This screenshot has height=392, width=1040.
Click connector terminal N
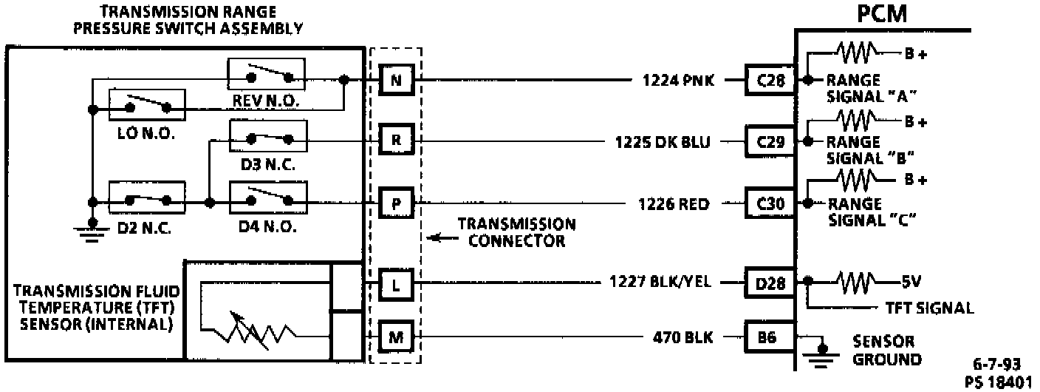point(396,79)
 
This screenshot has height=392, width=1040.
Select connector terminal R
point(396,140)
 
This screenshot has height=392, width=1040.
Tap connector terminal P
point(396,203)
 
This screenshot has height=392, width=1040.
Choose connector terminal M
point(396,338)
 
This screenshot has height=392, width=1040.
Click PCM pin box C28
point(770,79)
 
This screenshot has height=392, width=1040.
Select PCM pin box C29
point(770,141)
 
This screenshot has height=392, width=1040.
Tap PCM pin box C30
point(770,203)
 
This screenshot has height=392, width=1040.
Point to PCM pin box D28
point(770,282)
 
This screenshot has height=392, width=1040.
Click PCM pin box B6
point(770,338)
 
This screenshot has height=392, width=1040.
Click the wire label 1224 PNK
point(678,80)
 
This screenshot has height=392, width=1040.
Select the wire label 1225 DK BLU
point(663,141)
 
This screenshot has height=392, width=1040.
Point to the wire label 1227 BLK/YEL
point(660,282)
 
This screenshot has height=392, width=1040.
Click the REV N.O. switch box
point(266,75)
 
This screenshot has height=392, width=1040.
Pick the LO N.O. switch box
point(148,107)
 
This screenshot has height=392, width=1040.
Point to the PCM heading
point(883,15)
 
